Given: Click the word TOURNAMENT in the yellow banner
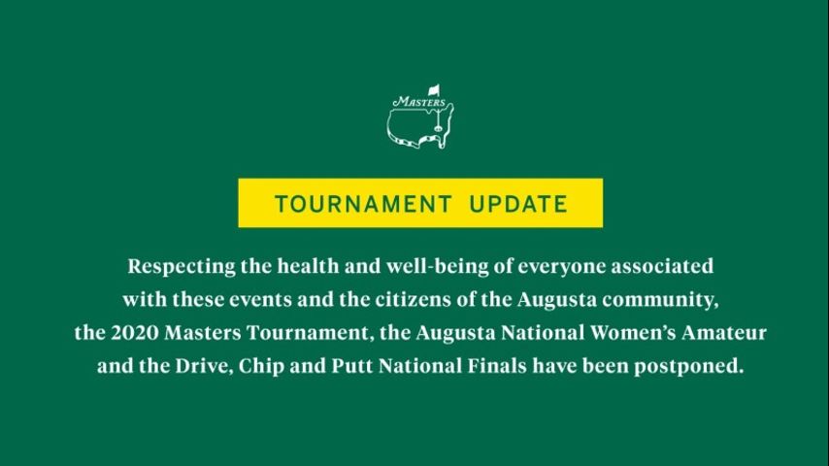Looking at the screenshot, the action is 363,204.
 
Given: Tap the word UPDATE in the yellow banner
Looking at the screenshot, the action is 518,204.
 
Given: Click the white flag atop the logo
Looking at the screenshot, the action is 434,90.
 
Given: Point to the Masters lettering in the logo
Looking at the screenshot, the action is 419,102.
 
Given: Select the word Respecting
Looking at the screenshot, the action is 182,267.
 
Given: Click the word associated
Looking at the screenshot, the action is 662,266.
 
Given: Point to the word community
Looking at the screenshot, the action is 660,300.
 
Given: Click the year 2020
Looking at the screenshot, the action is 134,333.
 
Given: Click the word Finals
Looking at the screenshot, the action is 496,366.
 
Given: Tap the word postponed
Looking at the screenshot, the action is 689,367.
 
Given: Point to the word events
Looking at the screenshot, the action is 260,300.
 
